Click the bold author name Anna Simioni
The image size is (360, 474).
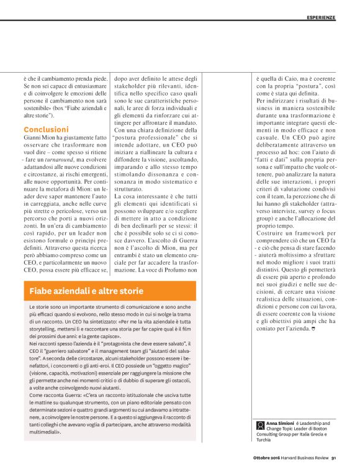[280, 422]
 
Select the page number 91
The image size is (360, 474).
[333, 460]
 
